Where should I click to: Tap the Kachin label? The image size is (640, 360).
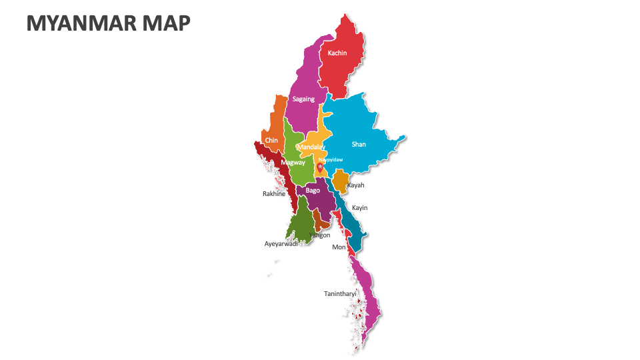(337, 53)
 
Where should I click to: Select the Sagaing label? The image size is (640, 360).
(303, 99)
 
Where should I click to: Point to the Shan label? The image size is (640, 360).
(359, 144)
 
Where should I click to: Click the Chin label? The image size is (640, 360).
(271, 141)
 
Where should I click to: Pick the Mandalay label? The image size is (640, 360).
(311, 147)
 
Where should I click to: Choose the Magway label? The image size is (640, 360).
(293, 162)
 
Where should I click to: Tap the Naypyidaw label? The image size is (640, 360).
(331, 159)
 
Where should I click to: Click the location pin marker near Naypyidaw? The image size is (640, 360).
(320, 167)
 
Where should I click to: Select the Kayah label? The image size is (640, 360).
(355, 185)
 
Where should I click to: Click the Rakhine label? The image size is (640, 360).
(273, 194)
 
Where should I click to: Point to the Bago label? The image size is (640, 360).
(313, 190)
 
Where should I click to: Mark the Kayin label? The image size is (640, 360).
(359, 208)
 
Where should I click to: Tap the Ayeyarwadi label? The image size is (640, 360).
(281, 243)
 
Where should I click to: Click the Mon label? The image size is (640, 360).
(339, 247)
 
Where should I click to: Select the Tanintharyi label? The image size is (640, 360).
(340, 293)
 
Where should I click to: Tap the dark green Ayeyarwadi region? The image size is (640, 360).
(303, 220)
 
